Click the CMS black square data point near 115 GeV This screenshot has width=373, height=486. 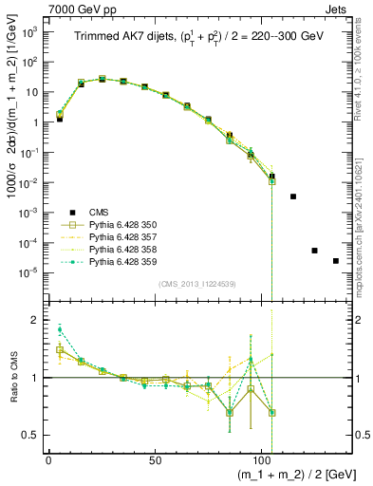tap(293, 196)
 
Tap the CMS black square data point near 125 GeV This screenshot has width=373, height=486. tap(314, 251)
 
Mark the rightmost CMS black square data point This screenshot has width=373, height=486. tap(335, 261)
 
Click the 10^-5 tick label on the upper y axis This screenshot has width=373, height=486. tap(28, 272)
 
